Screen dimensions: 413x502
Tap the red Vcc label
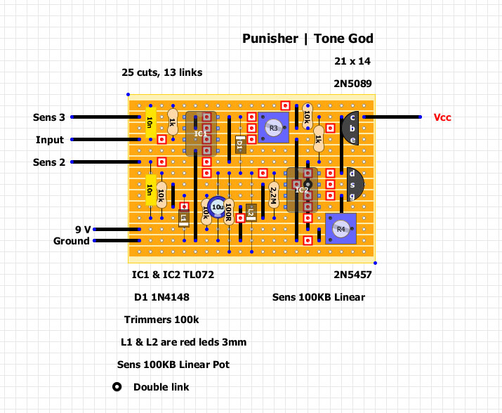pyautogui.click(x=442, y=117)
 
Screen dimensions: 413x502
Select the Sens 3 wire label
pyautogui.click(x=49, y=117)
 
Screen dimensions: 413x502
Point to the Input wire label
pyautogui.click(x=50, y=140)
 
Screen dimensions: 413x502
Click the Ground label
pyautogui.click(x=72, y=241)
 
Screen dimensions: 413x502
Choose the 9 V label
pyautogui.click(x=82, y=229)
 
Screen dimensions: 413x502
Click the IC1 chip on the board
pyautogui.click(x=201, y=133)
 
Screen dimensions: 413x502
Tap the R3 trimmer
pyautogui.click(x=273, y=128)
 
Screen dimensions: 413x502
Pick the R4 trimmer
pyautogui.click(x=341, y=229)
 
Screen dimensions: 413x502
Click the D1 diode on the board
pyautogui.click(x=240, y=145)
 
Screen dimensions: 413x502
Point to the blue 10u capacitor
pyautogui.click(x=218, y=207)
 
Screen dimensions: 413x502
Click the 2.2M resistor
pyautogui.click(x=273, y=195)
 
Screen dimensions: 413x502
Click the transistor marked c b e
pyautogui.click(x=351, y=129)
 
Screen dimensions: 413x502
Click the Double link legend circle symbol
pyautogui.click(x=117, y=387)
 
